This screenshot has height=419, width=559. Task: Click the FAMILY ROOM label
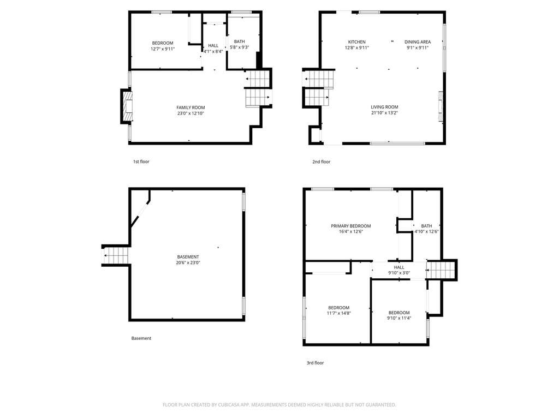(x=191, y=107)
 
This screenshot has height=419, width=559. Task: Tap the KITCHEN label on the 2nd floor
(x=357, y=41)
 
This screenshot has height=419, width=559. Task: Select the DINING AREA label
(x=418, y=41)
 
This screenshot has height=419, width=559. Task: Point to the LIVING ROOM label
(x=384, y=107)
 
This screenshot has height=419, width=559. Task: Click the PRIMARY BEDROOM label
(x=351, y=226)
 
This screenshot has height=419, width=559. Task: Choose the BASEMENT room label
(x=188, y=257)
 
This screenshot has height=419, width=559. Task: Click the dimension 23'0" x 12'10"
(x=191, y=113)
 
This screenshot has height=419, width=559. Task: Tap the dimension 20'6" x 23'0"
(x=188, y=263)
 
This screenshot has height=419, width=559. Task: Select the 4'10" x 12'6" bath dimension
(x=426, y=231)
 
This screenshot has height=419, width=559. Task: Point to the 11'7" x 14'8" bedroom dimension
(x=338, y=314)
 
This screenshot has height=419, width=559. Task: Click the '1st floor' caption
(x=141, y=161)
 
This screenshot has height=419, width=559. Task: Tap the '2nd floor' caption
(x=321, y=161)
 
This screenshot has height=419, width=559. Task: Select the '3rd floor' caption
(x=315, y=363)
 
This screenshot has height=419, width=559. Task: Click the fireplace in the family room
(x=127, y=106)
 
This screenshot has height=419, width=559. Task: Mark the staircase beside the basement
(x=116, y=255)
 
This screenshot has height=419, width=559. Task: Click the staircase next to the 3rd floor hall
(x=441, y=270)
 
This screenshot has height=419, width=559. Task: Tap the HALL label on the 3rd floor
(x=399, y=267)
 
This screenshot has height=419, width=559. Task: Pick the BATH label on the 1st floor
(x=239, y=41)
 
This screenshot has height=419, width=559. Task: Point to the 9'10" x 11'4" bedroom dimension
(x=399, y=318)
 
